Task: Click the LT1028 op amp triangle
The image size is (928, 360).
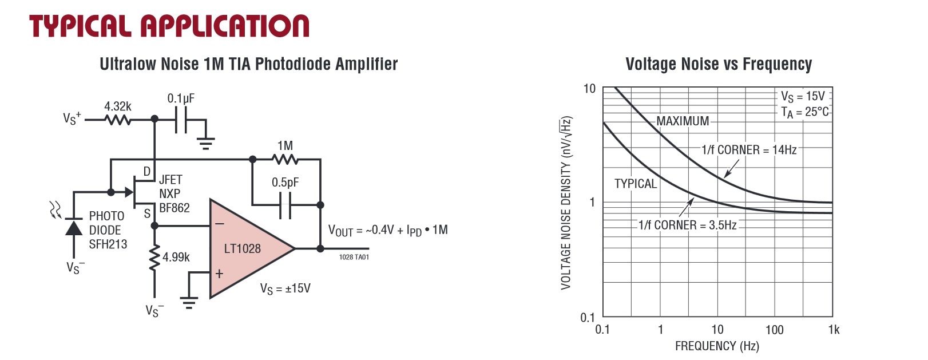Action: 246,249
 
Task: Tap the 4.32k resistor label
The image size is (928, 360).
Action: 117,106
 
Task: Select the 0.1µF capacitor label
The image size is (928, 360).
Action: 181,98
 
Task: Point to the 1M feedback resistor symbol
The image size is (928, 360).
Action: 284,160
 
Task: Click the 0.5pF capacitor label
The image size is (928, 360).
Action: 285,183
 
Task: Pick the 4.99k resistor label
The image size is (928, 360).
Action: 176,258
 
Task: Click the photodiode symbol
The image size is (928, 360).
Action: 73,227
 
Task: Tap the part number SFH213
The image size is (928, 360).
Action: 108,244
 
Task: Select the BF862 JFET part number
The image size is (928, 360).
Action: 174,208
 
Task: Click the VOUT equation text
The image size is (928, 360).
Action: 387,231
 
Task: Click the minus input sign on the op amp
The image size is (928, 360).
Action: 219,224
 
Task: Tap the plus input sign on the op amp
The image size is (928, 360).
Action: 219,274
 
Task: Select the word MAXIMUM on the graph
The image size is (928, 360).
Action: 682,121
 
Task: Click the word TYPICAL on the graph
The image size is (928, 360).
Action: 635,184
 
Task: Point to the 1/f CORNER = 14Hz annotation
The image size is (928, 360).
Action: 748,150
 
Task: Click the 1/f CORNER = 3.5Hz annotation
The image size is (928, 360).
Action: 687,226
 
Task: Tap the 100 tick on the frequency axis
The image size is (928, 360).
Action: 774,330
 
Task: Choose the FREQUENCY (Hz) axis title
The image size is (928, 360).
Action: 716,346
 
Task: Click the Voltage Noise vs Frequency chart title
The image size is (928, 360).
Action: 718,64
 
